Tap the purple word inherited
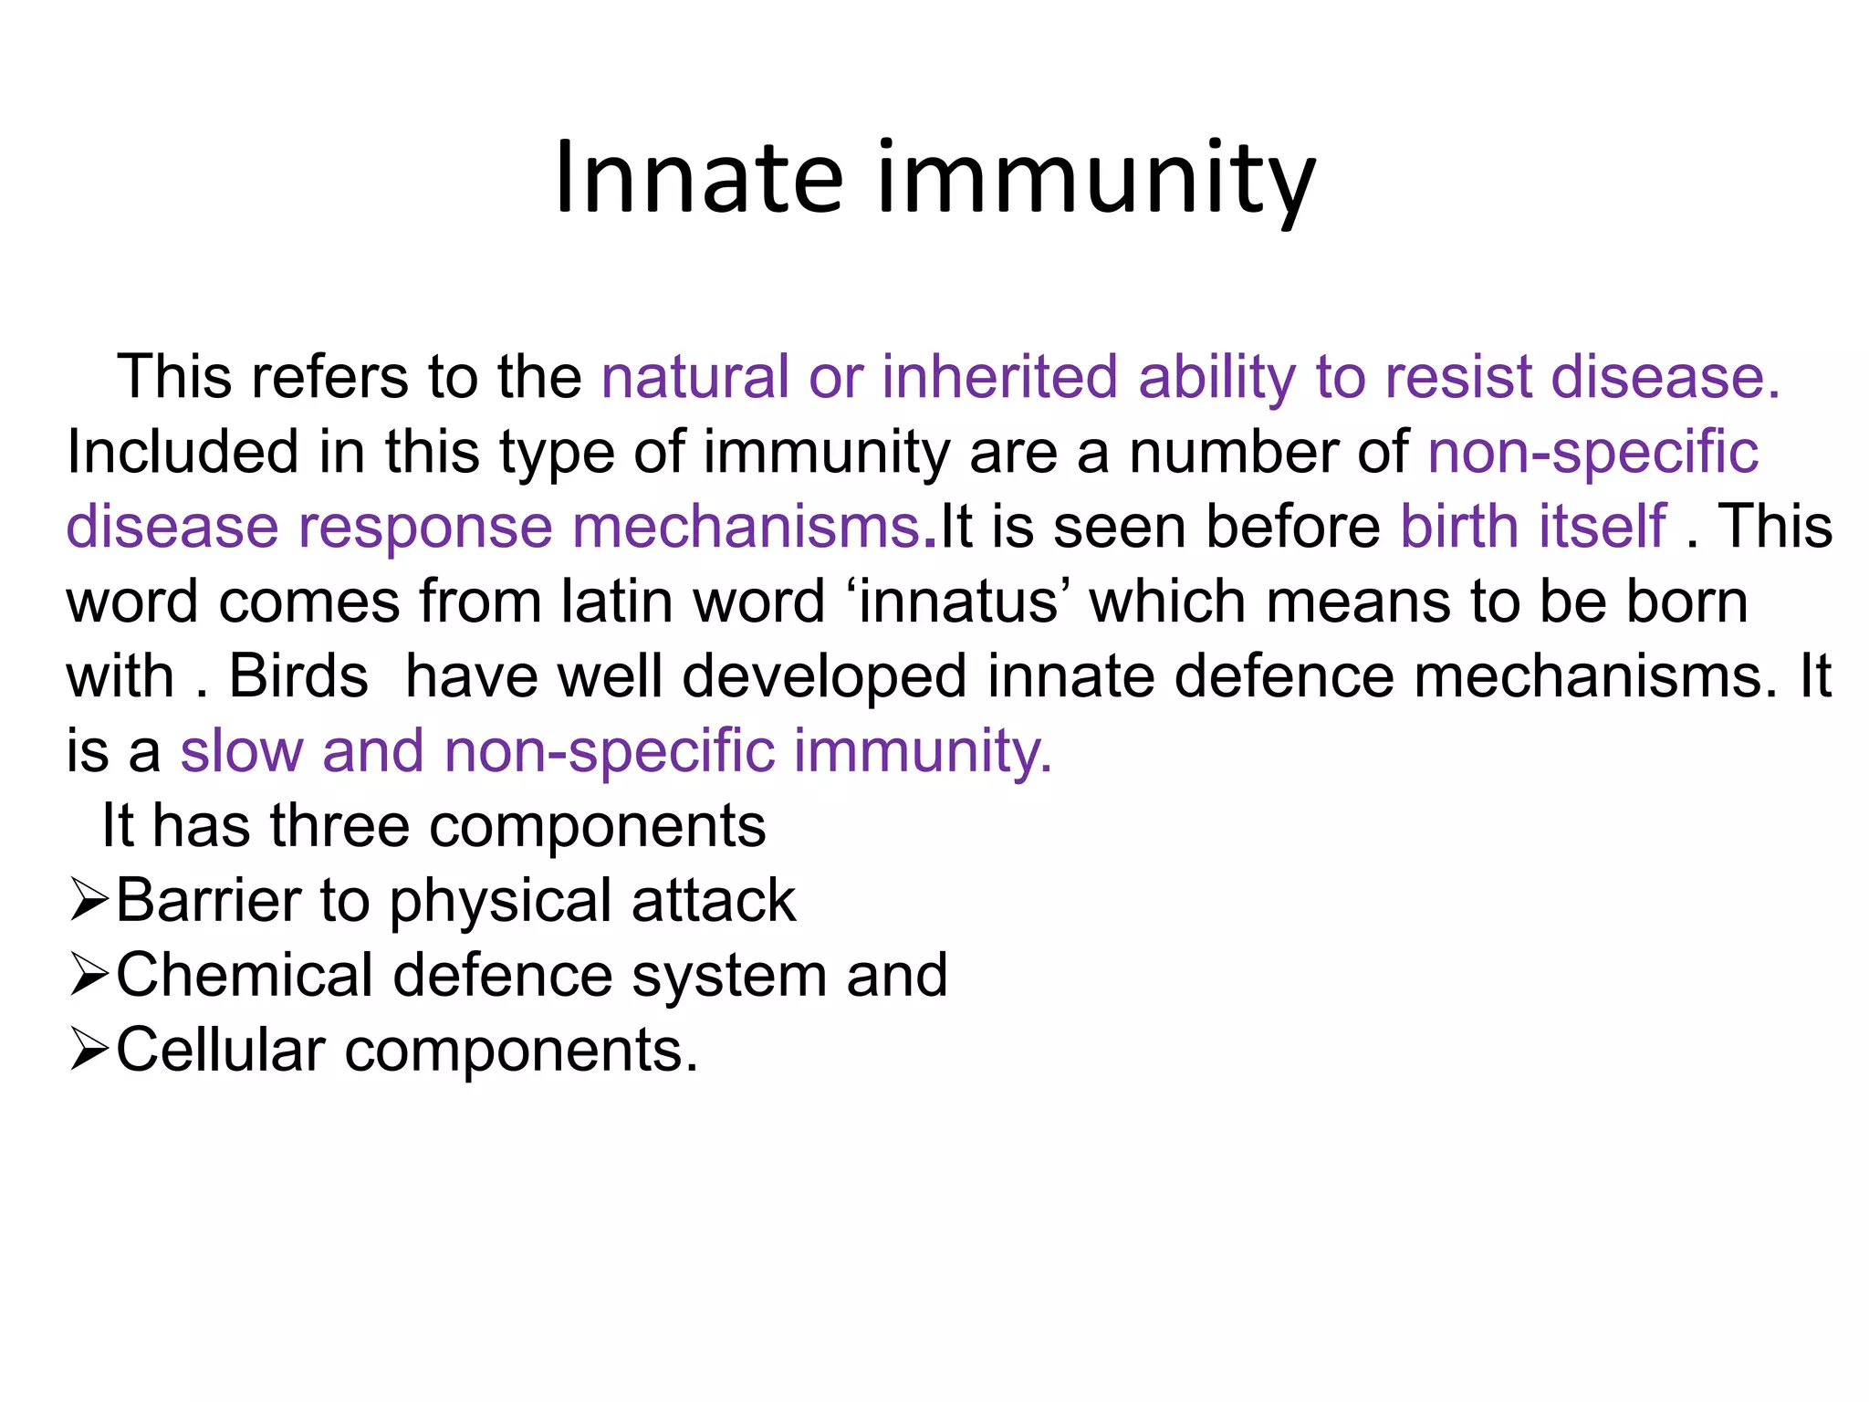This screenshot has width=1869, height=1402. coord(999,377)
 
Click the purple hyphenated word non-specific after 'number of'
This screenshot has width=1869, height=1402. coord(1592,452)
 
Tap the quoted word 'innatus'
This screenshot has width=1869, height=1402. coord(958,602)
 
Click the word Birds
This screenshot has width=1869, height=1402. coord(298,676)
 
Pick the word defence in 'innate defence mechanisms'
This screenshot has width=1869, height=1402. coord(1284,676)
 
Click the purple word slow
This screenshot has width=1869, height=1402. coord(241,751)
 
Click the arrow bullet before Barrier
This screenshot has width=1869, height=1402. coord(89,901)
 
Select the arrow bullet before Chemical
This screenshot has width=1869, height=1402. coord(89,976)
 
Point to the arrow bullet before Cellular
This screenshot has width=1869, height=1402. coord(89,1051)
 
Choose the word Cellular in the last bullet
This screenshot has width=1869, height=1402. coord(220,1051)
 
